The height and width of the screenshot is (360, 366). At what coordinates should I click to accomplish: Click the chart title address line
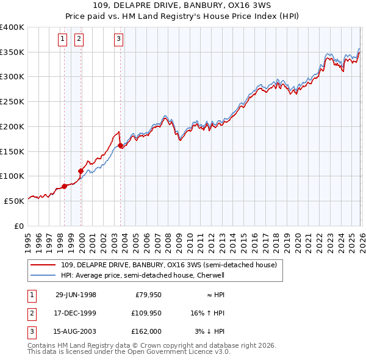point(182,6)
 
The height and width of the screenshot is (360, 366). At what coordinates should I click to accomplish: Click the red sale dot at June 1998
point(65,186)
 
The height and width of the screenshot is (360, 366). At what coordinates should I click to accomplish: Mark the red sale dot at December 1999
point(81,171)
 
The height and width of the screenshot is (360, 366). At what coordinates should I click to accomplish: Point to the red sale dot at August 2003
point(120,145)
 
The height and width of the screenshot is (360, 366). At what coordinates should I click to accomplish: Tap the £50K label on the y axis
point(14,200)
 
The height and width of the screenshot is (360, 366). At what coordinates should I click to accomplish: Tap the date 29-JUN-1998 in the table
point(76,295)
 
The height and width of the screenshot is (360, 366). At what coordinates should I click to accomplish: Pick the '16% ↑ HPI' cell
point(207,312)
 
